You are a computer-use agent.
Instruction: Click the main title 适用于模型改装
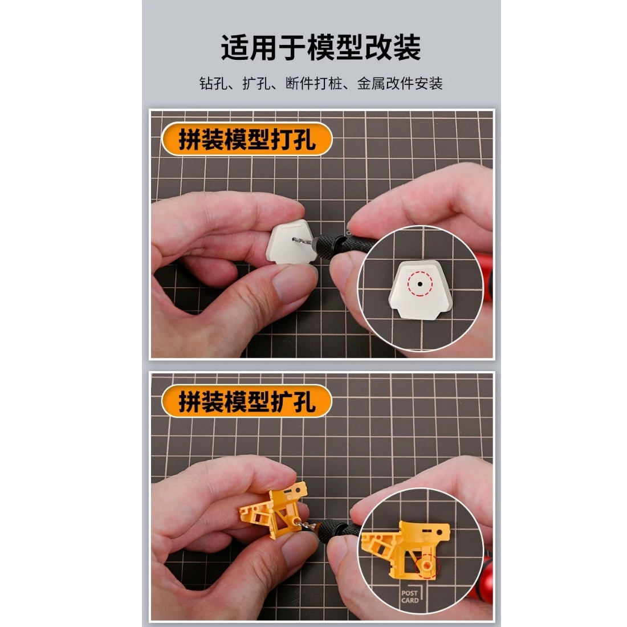pyautogui.click(x=321, y=47)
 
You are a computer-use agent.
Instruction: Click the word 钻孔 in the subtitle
pyautogui.click(x=213, y=84)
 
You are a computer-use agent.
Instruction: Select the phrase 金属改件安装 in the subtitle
pyautogui.click(x=400, y=84)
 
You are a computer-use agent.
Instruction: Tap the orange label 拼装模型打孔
pyautogui.click(x=247, y=139)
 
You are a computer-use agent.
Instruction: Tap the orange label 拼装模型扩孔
pyautogui.click(x=247, y=401)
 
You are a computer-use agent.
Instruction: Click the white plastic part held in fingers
pyautogui.click(x=291, y=242)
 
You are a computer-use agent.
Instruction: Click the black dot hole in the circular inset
pyautogui.click(x=420, y=284)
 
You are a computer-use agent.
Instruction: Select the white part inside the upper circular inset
pyautogui.click(x=420, y=290)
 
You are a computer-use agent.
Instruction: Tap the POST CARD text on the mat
pyautogui.click(x=410, y=597)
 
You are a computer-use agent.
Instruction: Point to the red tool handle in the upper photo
pyautogui.click(x=487, y=280)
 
